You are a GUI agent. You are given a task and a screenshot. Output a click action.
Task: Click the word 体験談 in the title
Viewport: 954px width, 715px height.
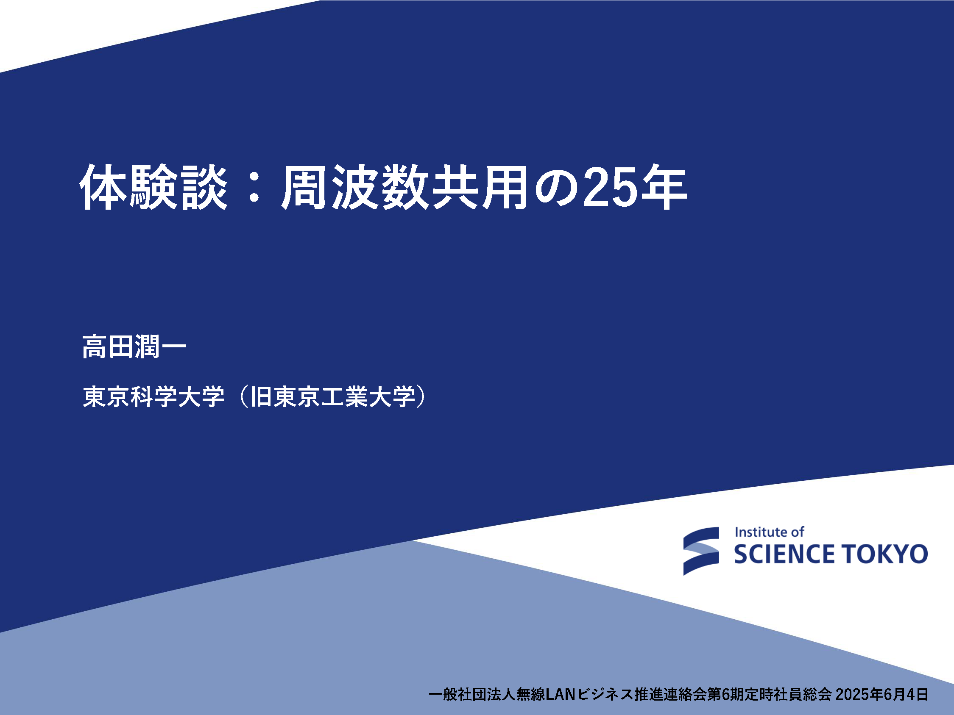tap(154, 187)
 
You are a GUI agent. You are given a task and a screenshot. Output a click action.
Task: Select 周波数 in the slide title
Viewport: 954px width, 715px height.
tap(355, 187)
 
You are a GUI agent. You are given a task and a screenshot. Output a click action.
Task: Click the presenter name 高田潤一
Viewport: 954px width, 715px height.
tap(134, 346)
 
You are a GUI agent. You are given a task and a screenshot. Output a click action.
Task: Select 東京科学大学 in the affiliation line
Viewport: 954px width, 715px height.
tap(153, 396)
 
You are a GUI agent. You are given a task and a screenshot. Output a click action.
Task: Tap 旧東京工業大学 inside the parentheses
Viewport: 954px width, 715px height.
tap(332, 396)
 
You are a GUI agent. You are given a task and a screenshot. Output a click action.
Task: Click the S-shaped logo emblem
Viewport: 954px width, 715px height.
tap(701, 551)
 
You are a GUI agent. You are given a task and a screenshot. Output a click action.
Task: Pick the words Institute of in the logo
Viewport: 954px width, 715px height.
tap(770, 532)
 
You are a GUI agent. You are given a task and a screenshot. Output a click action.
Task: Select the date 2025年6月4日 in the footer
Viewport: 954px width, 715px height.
tap(882, 694)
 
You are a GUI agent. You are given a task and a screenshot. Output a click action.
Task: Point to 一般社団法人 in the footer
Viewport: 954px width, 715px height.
tap(472, 694)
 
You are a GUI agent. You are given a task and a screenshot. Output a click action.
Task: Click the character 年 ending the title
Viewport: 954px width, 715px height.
tap(663, 187)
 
